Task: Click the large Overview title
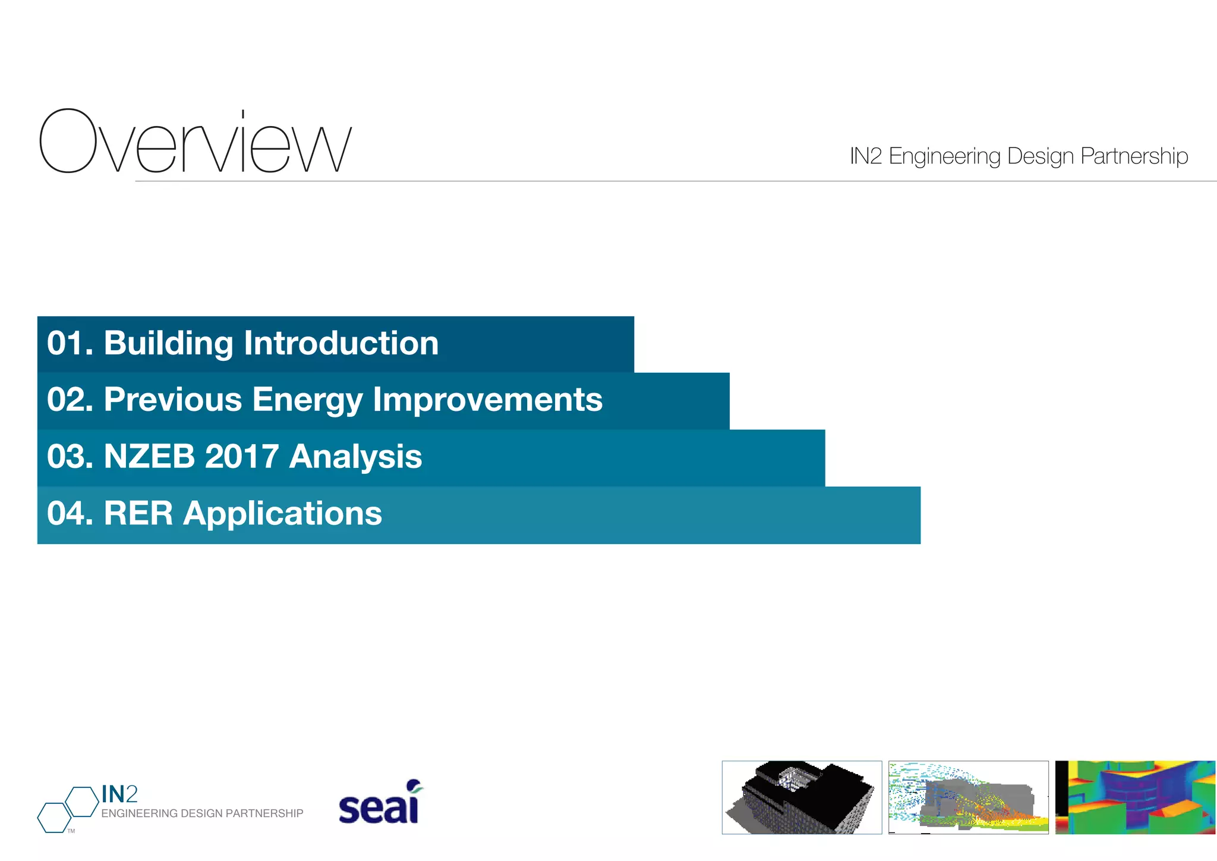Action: tap(196, 142)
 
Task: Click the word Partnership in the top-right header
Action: tap(1134, 156)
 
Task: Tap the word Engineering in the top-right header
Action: tap(945, 156)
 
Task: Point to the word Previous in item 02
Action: tap(173, 400)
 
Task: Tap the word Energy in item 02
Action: tap(307, 400)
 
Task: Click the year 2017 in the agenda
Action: tap(241, 457)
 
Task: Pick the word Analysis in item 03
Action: tap(355, 457)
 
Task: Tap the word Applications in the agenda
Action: tap(282, 513)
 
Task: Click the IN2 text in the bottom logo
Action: tap(119, 794)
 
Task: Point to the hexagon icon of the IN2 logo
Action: tap(67, 809)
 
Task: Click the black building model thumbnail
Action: tap(802, 797)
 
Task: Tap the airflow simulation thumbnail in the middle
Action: tap(968, 797)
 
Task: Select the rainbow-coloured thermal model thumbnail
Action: tap(1135, 797)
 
